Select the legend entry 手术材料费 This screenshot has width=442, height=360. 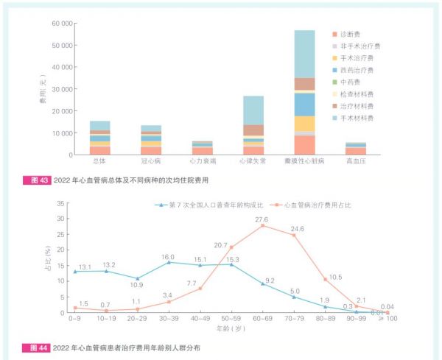click(357, 117)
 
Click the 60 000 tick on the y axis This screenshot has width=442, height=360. click(61, 24)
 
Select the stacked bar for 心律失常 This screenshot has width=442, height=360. click(253, 125)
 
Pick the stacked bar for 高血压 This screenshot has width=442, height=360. click(356, 149)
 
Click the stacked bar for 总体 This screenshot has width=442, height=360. click(100, 138)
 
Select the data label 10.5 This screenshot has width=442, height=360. click(335, 278)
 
